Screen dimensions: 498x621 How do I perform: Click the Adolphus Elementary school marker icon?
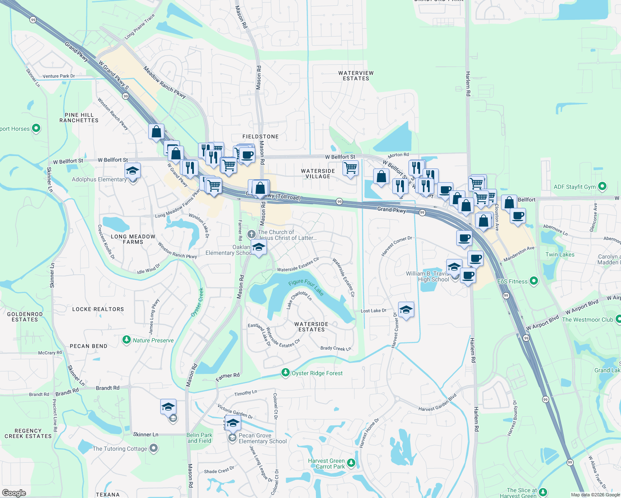[x=132, y=171]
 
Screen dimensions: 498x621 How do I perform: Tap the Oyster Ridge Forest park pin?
[x=285, y=373]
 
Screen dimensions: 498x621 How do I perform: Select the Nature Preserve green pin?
[x=127, y=340]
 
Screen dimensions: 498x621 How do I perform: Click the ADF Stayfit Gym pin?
[x=603, y=187]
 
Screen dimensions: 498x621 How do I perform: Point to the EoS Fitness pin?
[x=534, y=281]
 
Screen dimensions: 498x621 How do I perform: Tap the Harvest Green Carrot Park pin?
[x=351, y=463]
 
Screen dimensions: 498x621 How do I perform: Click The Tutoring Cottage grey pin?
[x=154, y=448]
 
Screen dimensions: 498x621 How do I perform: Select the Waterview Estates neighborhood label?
[x=356, y=76]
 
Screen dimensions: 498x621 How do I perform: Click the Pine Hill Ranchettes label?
[x=79, y=117]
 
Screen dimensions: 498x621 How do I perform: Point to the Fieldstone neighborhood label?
[x=260, y=137]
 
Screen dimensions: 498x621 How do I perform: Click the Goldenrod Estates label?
[x=25, y=317]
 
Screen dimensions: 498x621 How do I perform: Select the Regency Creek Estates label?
[x=28, y=433]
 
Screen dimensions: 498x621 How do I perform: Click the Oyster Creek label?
[x=198, y=303]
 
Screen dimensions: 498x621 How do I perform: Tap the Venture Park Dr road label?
[x=59, y=76]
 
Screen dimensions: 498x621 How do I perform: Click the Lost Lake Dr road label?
[x=374, y=310]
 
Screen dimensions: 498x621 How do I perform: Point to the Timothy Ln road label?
[x=245, y=393]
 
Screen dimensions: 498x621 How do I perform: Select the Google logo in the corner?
[x=14, y=493]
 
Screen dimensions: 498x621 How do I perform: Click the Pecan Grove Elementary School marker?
[x=233, y=423]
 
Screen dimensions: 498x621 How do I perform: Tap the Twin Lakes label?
[x=560, y=254]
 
